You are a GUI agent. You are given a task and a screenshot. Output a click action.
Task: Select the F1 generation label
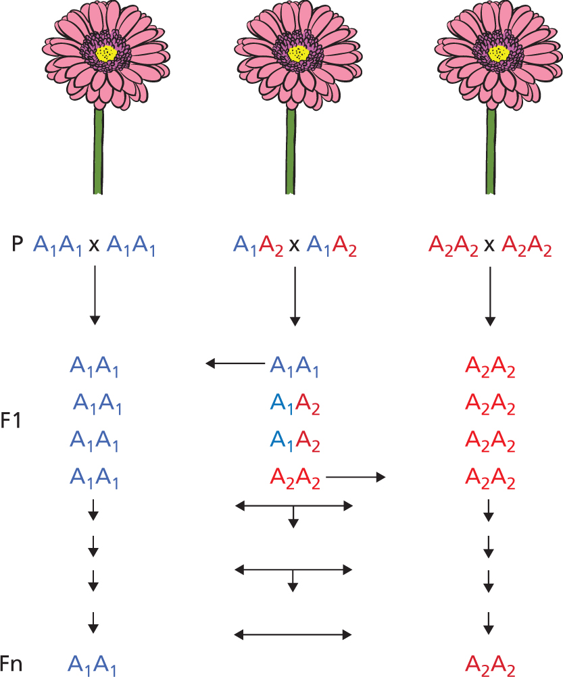[11, 422]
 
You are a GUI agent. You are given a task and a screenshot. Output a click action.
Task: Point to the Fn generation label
[11, 664]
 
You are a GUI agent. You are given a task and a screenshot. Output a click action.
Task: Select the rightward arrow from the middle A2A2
[356, 478]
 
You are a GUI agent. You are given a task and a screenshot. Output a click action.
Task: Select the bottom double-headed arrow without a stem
[293, 634]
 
